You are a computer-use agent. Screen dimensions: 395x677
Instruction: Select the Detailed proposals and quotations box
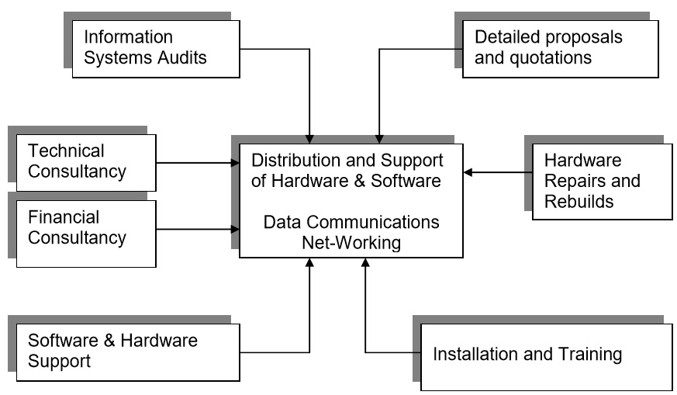click(560, 47)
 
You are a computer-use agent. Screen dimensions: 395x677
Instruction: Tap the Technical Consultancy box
click(85, 161)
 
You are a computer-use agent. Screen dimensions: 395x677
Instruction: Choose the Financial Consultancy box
click(85, 227)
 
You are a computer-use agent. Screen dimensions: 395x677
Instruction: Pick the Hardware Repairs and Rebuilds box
click(603, 182)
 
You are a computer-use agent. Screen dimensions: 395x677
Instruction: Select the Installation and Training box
click(546, 356)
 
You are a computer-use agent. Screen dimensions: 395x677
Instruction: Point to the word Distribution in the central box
click(292, 161)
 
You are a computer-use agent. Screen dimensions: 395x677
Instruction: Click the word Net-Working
click(352, 243)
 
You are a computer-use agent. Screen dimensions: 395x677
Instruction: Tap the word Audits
click(183, 57)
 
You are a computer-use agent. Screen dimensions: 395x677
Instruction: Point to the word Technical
click(65, 151)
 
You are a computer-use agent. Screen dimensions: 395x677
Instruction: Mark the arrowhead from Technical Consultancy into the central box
click(235, 163)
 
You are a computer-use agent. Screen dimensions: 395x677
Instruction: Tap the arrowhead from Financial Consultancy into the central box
click(235, 229)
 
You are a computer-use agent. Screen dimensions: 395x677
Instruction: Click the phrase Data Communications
click(351, 222)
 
